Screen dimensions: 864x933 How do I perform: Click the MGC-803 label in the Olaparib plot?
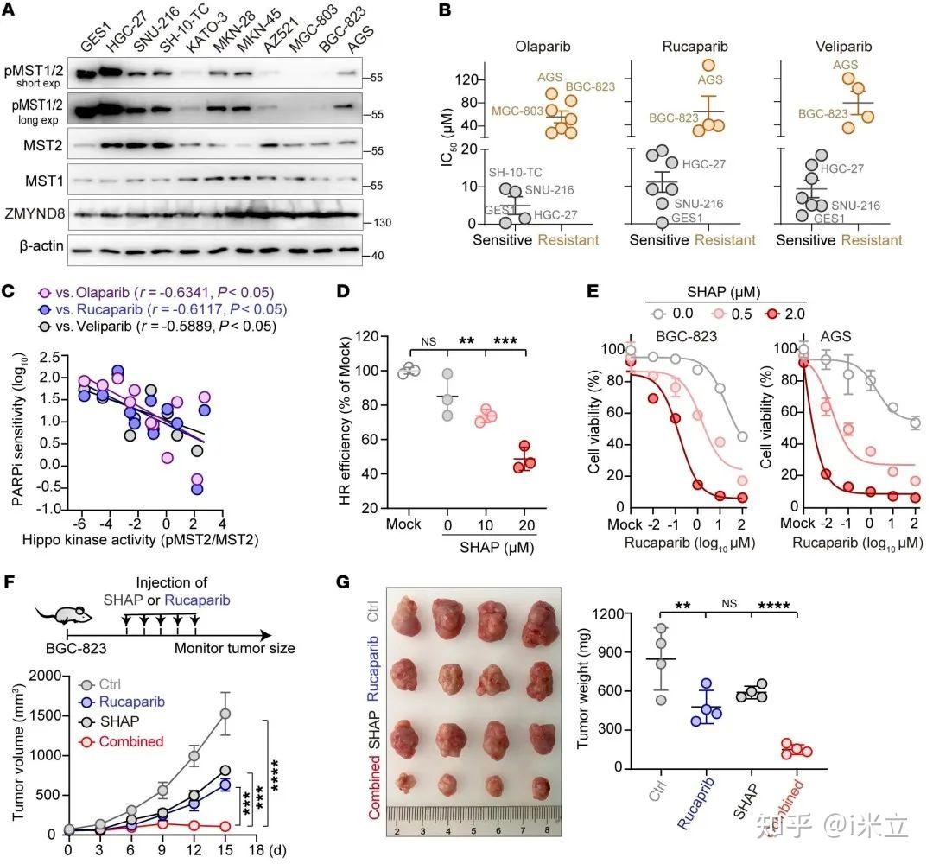pos(517,111)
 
